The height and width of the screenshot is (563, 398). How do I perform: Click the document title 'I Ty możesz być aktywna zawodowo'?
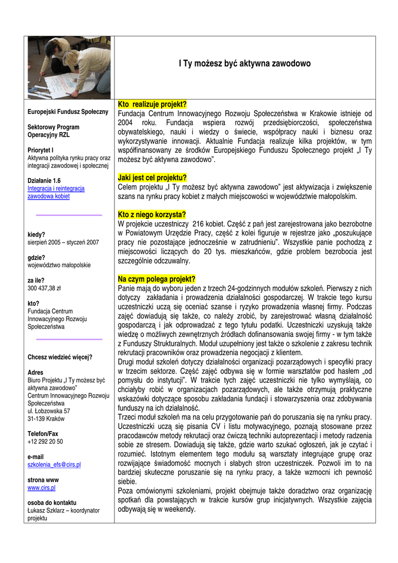tap(245, 64)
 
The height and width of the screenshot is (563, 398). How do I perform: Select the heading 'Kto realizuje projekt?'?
tap(152, 104)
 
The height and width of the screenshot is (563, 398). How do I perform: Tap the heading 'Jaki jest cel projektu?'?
tap(152, 178)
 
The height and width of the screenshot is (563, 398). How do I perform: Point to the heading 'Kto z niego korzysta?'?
tap(152, 214)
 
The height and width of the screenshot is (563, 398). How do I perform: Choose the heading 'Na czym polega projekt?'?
tap(157, 279)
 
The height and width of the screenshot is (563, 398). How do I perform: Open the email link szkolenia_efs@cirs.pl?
tap(54, 465)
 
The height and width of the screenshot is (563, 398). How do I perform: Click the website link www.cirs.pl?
tap(41, 487)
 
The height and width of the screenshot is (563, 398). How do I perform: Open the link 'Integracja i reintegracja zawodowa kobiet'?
tap(56, 192)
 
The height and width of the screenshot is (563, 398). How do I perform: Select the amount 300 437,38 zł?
tap(44, 288)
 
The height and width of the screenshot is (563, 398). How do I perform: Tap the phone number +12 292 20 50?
tap(45, 441)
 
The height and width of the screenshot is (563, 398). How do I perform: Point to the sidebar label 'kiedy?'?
tap(36, 234)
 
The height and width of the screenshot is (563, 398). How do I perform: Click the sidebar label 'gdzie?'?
tap(36, 257)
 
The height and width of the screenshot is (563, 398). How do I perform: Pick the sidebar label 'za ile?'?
tap(36, 280)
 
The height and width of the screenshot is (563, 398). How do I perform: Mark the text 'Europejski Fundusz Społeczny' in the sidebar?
tap(68, 112)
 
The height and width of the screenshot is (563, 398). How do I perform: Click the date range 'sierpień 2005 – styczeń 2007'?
tap(63, 242)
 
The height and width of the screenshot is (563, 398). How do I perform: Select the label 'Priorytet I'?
tap(40, 150)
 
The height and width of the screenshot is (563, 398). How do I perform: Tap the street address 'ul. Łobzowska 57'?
tap(48, 411)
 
